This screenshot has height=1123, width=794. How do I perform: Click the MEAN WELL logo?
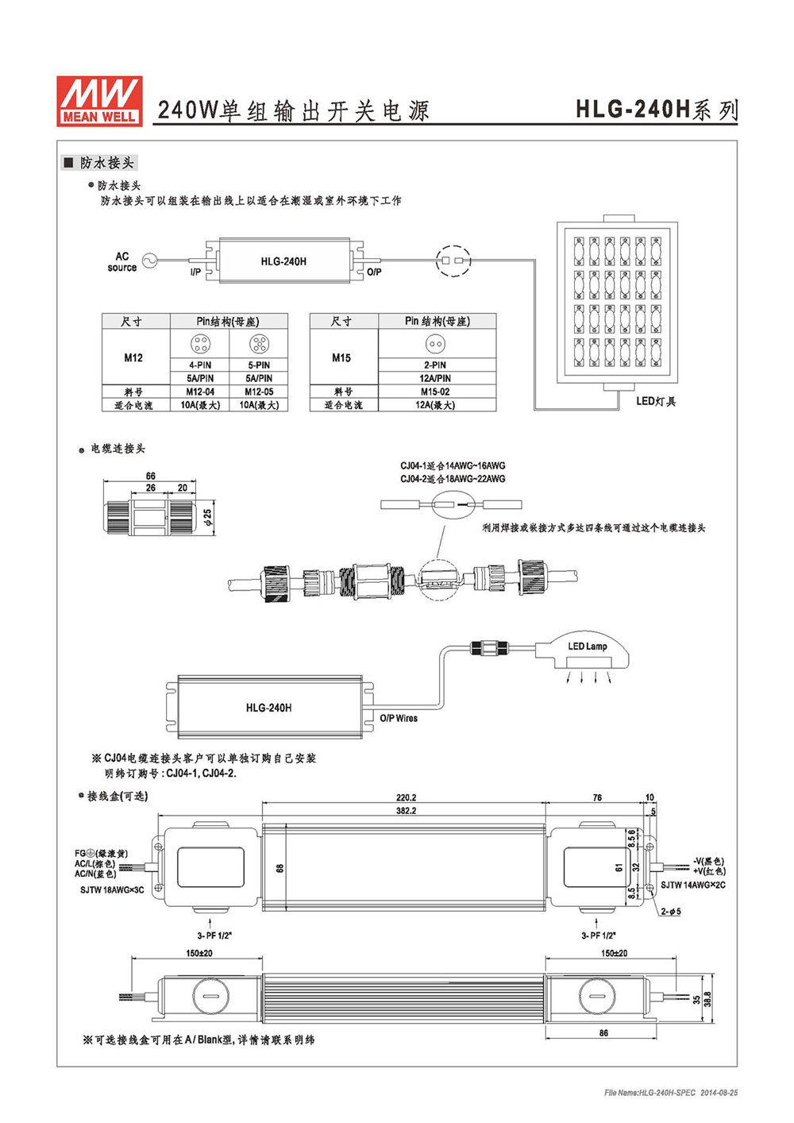(99, 101)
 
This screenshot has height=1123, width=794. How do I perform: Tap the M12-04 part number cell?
(200, 392)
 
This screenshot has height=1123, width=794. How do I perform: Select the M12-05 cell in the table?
(259, 392)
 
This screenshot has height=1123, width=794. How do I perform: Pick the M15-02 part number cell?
(435, 392)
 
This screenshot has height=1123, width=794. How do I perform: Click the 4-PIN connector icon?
(200, 344)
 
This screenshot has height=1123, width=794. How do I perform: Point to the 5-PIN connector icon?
(259, 344)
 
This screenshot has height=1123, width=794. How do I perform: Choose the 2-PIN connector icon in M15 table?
(435, 344)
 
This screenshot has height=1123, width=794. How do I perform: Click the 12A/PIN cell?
(435, 379)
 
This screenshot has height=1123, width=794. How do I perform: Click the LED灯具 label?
(656, 401)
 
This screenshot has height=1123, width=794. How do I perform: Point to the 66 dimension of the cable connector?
(150, 475)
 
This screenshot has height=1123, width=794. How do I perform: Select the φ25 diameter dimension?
(209, 516)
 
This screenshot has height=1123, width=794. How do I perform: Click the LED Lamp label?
(587, 646)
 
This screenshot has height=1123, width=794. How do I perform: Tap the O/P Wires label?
(399, 718)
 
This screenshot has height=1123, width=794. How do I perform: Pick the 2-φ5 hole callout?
(671, 912)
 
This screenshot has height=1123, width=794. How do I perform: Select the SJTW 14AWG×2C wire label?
(692, 885)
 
